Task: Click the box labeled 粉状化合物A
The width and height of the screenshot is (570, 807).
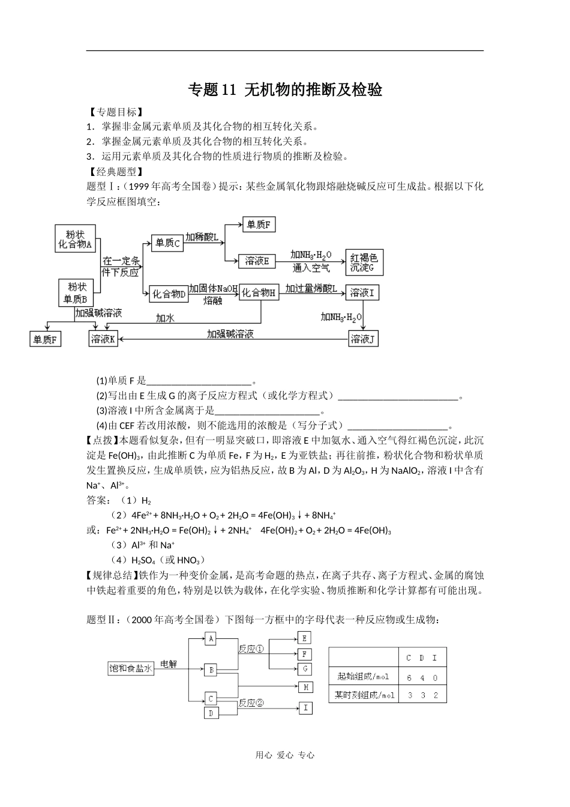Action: point(76,238)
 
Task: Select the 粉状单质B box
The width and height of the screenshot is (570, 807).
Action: point(76,292)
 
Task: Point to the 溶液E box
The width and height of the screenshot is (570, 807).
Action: point(257,261)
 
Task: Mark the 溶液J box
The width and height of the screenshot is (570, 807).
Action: point(363,339)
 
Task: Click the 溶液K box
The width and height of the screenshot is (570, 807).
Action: point(103,339)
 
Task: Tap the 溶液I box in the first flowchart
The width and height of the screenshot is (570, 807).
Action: point(362,293)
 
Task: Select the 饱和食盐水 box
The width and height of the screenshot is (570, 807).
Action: point(130,668)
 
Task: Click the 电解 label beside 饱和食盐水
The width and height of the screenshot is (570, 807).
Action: point(169,664)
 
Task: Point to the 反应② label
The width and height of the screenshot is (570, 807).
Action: point(251,703)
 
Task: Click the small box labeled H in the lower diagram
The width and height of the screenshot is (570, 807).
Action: point(305,687)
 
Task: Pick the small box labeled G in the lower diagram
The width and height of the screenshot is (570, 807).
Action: point(305,668)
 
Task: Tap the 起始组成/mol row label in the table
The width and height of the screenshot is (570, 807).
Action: point(364,677)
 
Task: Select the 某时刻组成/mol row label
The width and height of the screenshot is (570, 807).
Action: point(364,695)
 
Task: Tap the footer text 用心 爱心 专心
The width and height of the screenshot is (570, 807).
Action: point(285,755)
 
